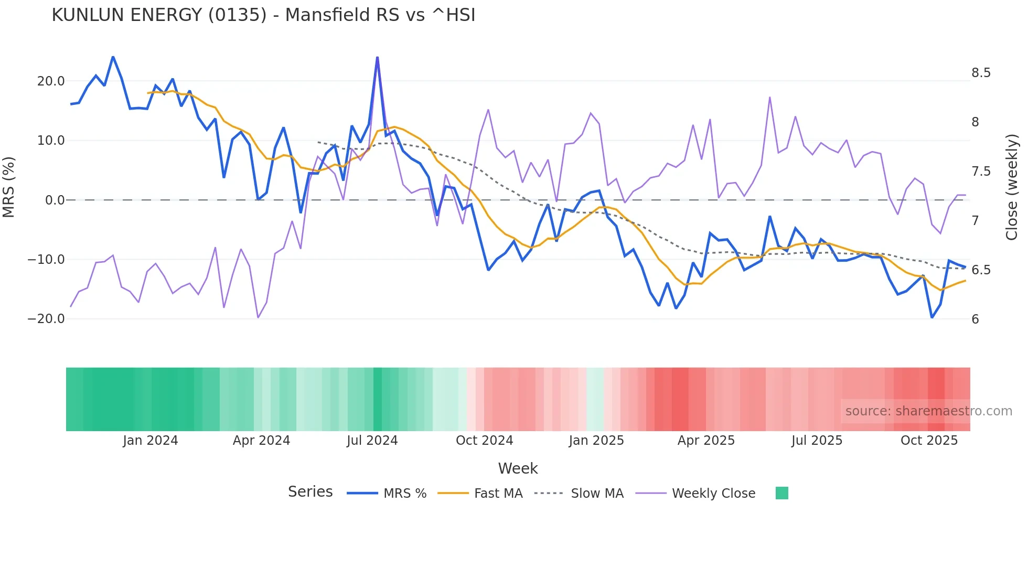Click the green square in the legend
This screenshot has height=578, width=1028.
click(x=781, y=493)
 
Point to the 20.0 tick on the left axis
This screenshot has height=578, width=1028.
click(x=51, y=81)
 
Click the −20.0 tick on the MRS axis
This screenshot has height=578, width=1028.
click(x=46, y=319)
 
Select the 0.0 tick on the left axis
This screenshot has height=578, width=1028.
click(x=55, y=200)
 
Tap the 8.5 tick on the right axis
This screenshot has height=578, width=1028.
click(x=981, y=73)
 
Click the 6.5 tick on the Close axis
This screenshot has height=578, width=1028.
click(x=981, y=270)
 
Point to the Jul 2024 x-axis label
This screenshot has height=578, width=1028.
click(x=372, y=441)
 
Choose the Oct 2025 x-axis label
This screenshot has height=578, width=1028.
click(x=929, y=441)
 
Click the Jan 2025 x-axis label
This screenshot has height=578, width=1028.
click(x=596, y=441)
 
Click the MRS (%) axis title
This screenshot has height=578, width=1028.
click(x=9, y=187)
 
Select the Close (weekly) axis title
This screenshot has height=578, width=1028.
click(x=1012, y=187)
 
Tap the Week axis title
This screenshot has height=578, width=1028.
click(x=518, y=468)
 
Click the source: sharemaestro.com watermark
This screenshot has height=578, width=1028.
click(x=928, y=411)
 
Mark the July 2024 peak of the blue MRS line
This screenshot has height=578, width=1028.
click(x=377, y=58)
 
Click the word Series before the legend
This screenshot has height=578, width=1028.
click(x=310, y=492)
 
